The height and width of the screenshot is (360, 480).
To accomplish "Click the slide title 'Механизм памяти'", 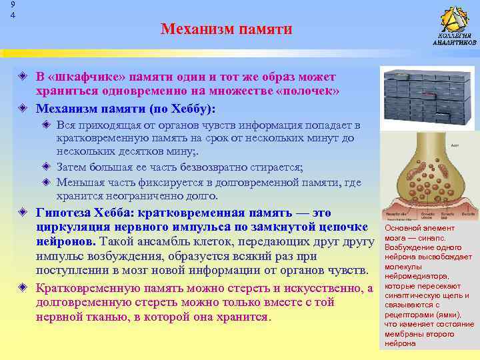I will (x=226, y=29).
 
